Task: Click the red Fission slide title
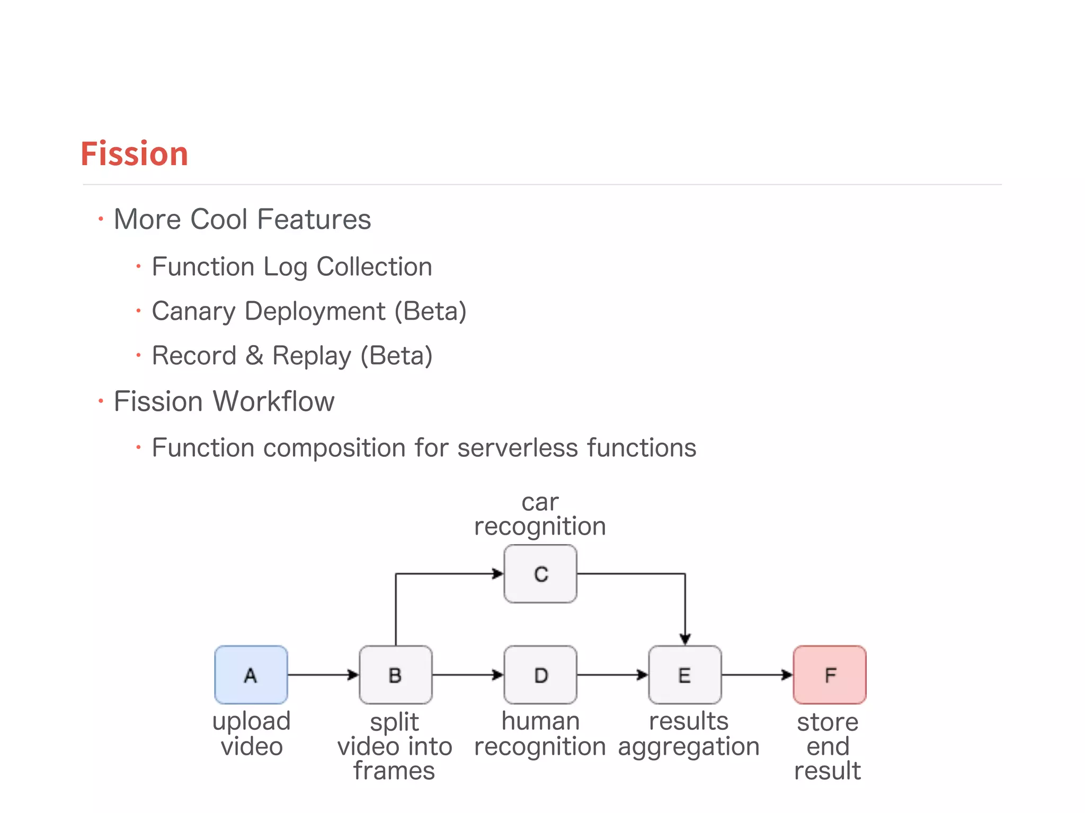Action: tap(135, 154)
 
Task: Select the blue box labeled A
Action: tap(251, 675)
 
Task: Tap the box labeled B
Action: tap(395, 675)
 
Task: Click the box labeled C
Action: tap(540, 574)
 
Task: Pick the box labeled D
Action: tap(540, 675)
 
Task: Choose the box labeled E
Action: tap(685, 675)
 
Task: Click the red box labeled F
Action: tap(830, 675)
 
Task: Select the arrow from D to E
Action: tap(612, 675)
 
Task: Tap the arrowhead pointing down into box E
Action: tap(685, 639)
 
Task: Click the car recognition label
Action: tap(540, 514)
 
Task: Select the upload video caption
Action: tap(252, 734)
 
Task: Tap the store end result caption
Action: tap(828, 746)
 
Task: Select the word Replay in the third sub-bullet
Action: tap(312, 356)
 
